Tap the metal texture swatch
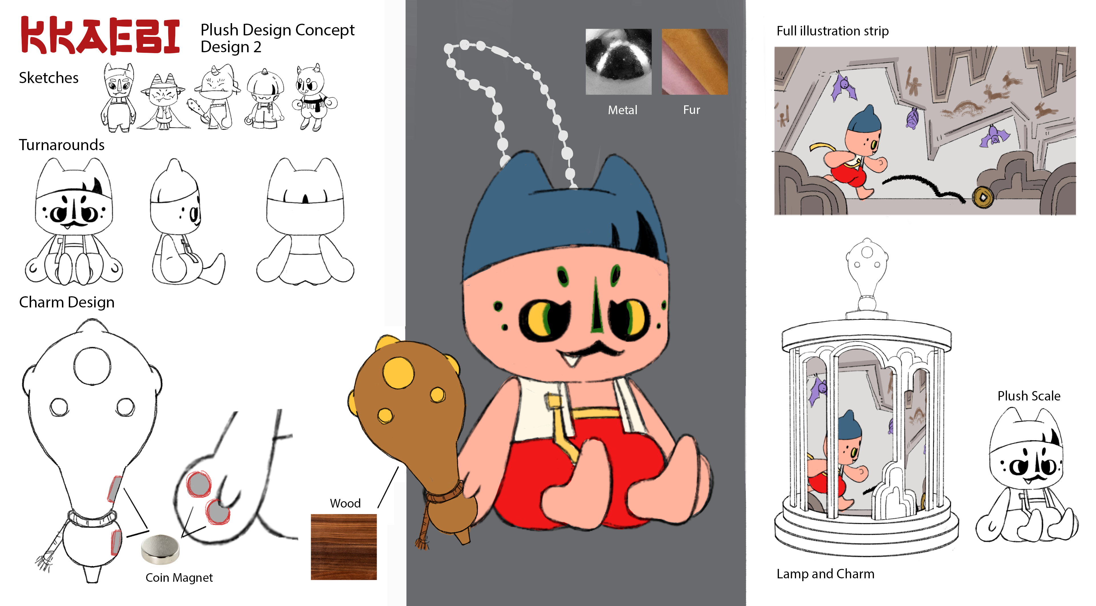point(618,62)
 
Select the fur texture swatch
point(694,62)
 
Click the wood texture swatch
point(344,547)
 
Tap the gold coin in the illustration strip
point(982,197)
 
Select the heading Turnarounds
point(62,145)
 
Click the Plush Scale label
point(1029,396)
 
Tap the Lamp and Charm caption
point(825,574)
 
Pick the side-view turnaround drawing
point(188,221)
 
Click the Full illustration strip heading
point(833,31)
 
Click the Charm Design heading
point(67,302)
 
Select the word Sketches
point(49,78)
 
